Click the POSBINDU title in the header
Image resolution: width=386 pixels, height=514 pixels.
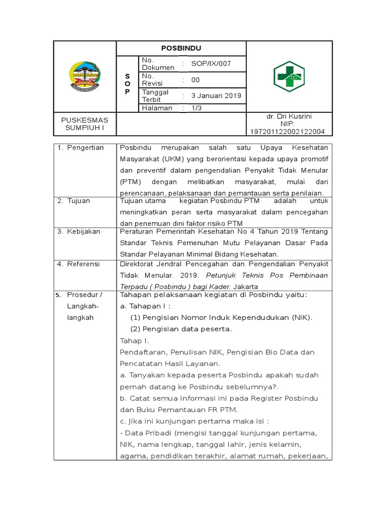(x=181, y=48)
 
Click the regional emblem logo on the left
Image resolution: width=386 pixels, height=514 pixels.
(x=85, y=76)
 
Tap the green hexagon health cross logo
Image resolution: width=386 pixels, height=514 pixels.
(x=289, y=77)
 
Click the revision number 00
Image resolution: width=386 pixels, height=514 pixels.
(x=196, y=80)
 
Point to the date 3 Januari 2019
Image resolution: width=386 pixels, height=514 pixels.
(x=216, y=95)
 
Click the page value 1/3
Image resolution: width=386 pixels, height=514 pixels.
(x=196, y=108)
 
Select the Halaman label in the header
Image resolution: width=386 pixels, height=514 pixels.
(x=157, y=108)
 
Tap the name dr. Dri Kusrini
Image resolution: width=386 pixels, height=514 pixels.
(x=289, y=116)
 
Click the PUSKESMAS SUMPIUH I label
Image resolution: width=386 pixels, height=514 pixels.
(x=85, y=123)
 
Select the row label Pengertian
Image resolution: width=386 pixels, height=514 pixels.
(x=86, y=148)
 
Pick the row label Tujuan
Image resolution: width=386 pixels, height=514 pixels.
(x=80, y=201)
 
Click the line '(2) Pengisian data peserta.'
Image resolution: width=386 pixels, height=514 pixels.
(x=181, y=329)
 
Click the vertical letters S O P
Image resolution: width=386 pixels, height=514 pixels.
(x=127, y=84)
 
